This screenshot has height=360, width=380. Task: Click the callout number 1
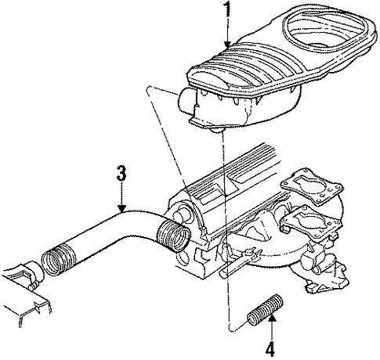pyautogui.click(x=228, y=9)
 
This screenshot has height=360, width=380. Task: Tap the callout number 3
pyautogui.click(x=121, y=172)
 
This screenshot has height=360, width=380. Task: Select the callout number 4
pyautogui.click(x=270, y=348)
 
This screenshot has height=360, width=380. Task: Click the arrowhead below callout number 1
pyautogui.click(x=228, y=45)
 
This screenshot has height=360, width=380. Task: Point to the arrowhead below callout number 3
pyautogui.click(x=121, y=208)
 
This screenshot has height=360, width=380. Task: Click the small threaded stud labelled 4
pyautogui.click(x=265, y=310)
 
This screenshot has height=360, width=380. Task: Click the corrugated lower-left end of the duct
pyautogui.click(x=59, y=260)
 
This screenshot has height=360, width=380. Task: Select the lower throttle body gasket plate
pyautogui.click(x=311, y=221)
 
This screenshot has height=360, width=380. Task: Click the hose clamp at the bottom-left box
pyautogui.click(x=32, y=274)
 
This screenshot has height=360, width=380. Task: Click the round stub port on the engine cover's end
pyautogui.click(x=179, y=214)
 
